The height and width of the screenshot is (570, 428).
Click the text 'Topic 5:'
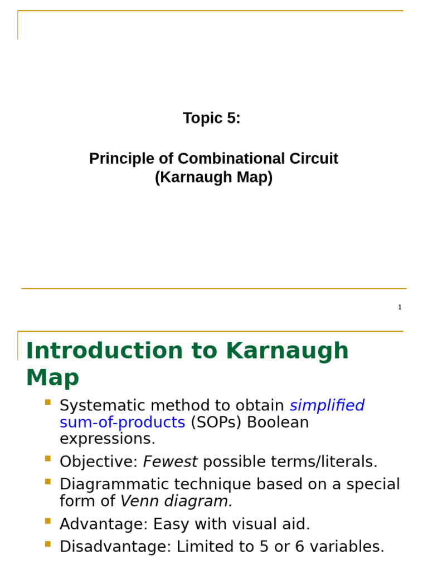point(212,119)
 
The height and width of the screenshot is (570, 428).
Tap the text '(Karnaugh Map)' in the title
point(213,178)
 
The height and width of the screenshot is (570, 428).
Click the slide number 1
point(400,307)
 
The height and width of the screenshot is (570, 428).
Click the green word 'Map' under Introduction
point(52,378)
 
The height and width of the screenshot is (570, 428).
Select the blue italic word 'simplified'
point(327,405)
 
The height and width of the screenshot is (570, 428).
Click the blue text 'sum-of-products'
point(122,422)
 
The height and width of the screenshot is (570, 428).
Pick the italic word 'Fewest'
point(171,461)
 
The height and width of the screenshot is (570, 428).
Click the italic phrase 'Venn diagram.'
point(177,501)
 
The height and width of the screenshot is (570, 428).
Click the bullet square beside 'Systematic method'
point(47,402)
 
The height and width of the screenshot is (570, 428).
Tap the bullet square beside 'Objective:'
point(47,459)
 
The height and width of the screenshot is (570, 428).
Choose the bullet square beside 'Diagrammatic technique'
point(47,481)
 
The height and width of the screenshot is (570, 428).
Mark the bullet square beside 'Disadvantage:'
point(47,544)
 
